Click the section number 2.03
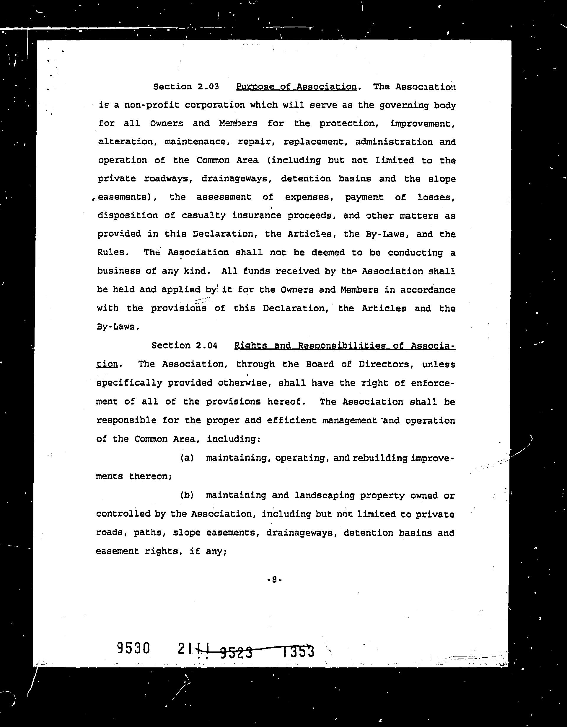click(x=208, y=86)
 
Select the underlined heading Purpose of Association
click(x=296, y=86)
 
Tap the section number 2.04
click(x=206, y=346)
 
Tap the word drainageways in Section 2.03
click(x=237, y=179)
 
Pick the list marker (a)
click(x=187, y=458)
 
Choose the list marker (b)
click(x=187, y=495)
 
